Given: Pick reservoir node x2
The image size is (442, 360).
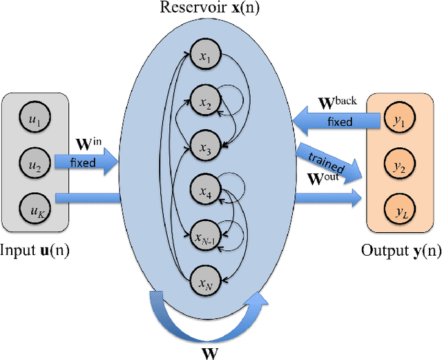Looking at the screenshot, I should point(205,102).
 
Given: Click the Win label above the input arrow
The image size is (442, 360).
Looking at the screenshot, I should point(87,146).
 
